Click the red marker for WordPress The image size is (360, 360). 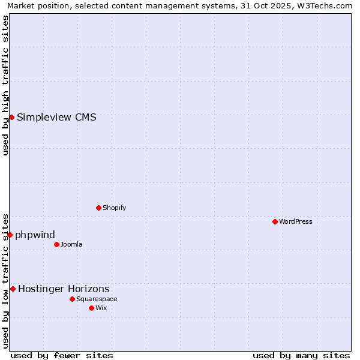pyautogui.click(x=275, y=221)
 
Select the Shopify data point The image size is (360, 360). pyautogui.click(x=98, y=208)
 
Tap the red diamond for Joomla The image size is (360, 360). pyautogui.click(x=56, y=244)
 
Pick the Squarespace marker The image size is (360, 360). pyautogui.click(x=72, y=299)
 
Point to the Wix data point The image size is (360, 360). pyautogui.click(x=91, y=308)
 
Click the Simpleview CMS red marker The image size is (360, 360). pyautogui.click(x=11, y=117)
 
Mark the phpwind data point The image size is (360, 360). pyautogui.click(x=10, y=235)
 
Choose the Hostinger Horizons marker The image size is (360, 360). pyautogui.click(x=13, y=289)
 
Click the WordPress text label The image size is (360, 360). pyautogui.click(x=296, y=221)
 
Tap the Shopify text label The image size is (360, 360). pyautogui.click(x=114, y=208)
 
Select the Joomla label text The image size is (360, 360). pyautogui.click(x=71, y=244)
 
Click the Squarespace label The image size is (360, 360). pyautogui.click(x=97, y=299)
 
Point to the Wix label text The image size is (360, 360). pyautogui.click(x=101, y=308)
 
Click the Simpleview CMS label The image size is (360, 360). pyautogui.click(x=56, y=117)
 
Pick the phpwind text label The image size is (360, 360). pyautogui.click(x=35, y=235)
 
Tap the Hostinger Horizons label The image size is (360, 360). pyautogui.click(x=64, y=289)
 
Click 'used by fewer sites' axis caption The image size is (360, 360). pyautogui.click(x=62, y=355)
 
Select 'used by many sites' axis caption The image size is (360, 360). pyautogui.click(x=301, y=355)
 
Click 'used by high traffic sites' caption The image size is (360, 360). pyautogui.click(x=6, y=85)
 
